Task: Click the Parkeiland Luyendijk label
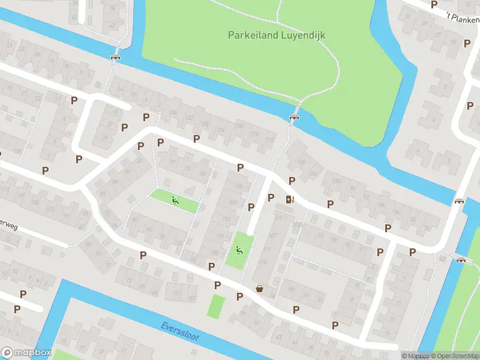click(x=277, y=35)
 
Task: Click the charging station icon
click(x=291, y=200)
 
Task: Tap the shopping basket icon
click(x=260, y=288)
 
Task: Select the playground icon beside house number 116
click(x=239, y=250)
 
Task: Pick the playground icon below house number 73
click(x=175, y=200)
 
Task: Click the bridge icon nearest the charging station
click(x=294, y=117)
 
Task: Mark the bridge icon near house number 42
click(x=115, y=57)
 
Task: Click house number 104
click(x=313, y=175)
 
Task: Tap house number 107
click(x=272, y=235)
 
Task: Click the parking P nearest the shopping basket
click(x=239, y=296)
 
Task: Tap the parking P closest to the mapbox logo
click(x=17, y=310)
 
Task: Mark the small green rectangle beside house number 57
click(x=216, y=306)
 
